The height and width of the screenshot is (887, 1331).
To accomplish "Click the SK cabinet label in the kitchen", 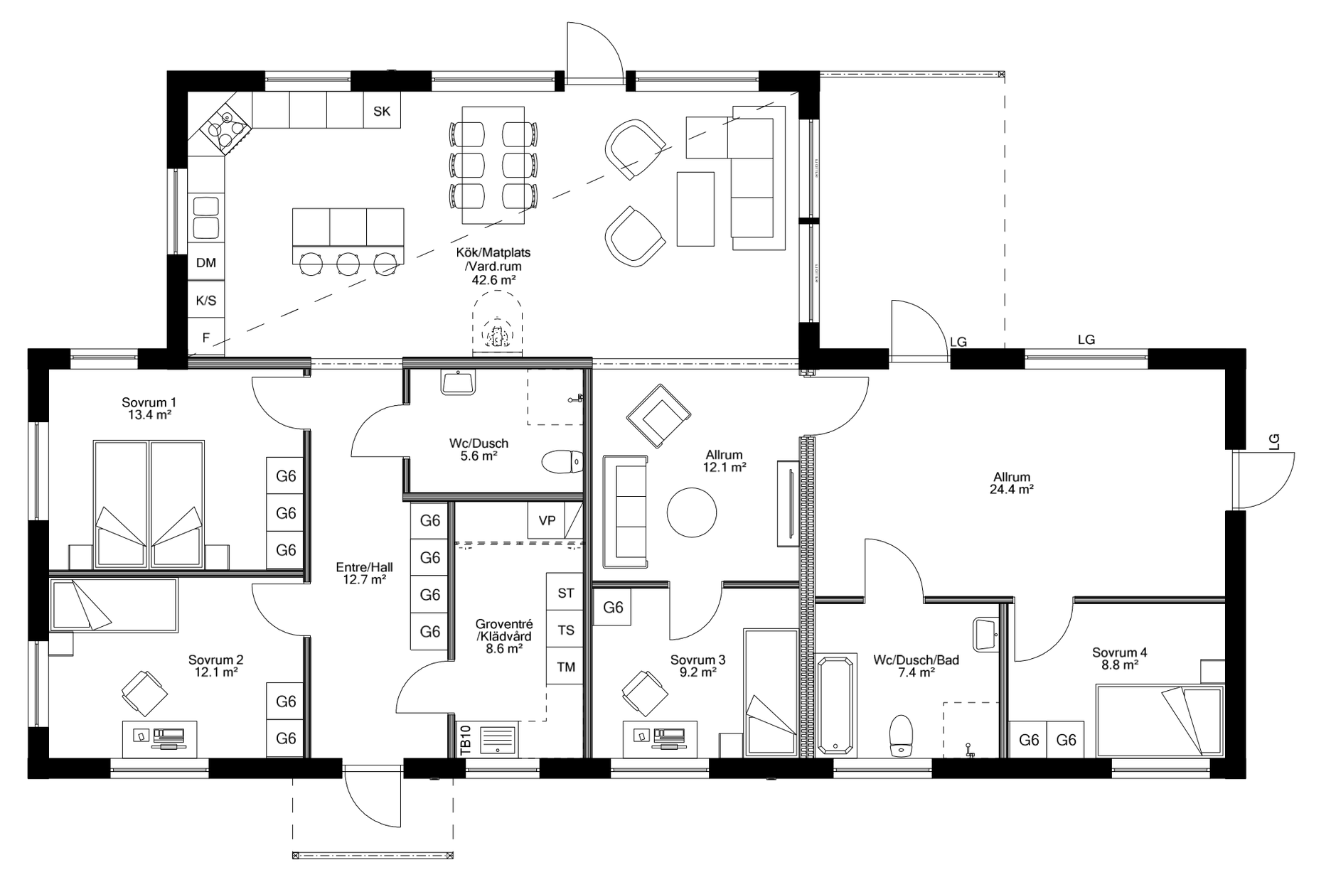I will [382, 111].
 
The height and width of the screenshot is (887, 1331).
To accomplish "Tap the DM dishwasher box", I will [206, 263].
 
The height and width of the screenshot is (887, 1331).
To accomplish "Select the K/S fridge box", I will [206, 301].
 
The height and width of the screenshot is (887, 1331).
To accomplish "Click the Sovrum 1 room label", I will [149, 403].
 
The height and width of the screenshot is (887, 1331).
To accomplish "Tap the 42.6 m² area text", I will [493, 280].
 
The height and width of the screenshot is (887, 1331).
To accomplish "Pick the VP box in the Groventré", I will [547, 520].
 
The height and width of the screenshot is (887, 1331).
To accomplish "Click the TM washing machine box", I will [566, 667].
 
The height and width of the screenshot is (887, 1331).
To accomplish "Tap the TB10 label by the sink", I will [466, 739].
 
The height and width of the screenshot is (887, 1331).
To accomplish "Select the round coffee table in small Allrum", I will [692, 512].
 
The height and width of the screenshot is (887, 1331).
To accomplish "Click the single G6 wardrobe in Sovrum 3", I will [613, 608].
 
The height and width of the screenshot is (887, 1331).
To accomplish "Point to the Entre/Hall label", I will [364, 567].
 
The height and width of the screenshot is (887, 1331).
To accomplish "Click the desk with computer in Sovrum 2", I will [160, 738].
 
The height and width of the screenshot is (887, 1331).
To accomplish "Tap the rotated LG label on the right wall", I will [1273, 441].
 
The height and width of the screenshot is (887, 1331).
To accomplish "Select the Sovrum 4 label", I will [1119, 652].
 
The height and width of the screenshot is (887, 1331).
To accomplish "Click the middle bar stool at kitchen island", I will [348, 264].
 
